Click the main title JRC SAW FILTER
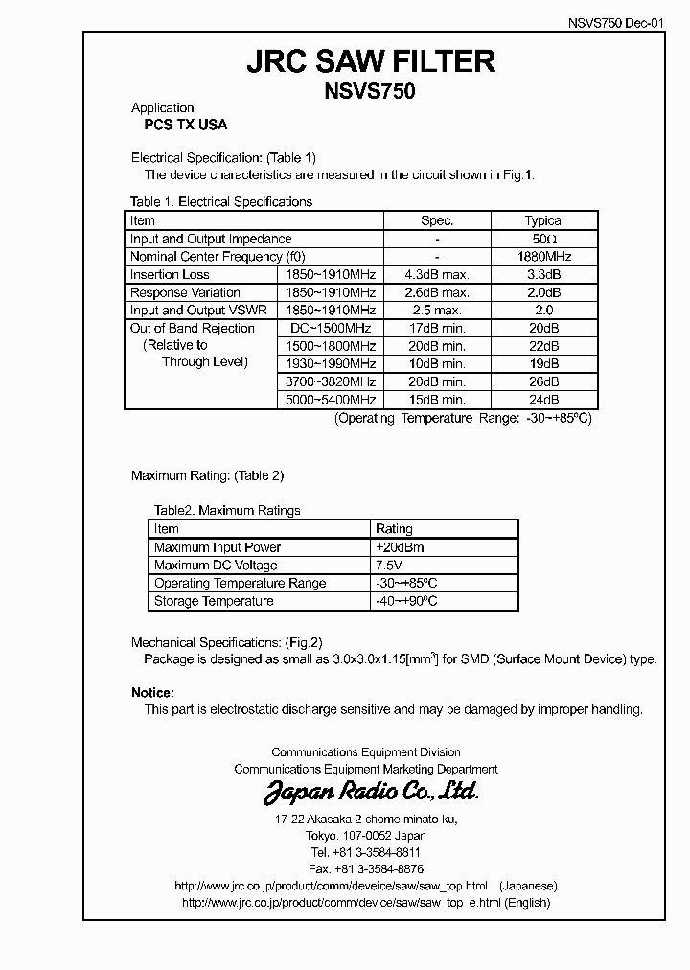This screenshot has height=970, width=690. pos(371,62)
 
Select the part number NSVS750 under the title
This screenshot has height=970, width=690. pos(371,92)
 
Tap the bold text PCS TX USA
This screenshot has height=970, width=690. pos(179,125)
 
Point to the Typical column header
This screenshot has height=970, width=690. pos(544,220)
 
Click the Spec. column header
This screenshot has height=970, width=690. pos(437,220)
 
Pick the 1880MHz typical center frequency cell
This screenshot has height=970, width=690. pos(544,257)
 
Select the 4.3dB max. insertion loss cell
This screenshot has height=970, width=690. pos(437,275)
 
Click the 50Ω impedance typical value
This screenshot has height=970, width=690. pos(544,239)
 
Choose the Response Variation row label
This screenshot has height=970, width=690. pos(185,292)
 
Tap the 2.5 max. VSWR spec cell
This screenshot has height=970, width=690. pos(437,311)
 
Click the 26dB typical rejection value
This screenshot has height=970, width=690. pos(544,381)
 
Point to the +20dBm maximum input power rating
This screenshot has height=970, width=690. pos(401,547)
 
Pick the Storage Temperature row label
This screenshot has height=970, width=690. pos(214,601)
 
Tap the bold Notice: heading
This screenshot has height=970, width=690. pos(152,692)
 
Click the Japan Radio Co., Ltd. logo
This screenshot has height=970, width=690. pos(371,792)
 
